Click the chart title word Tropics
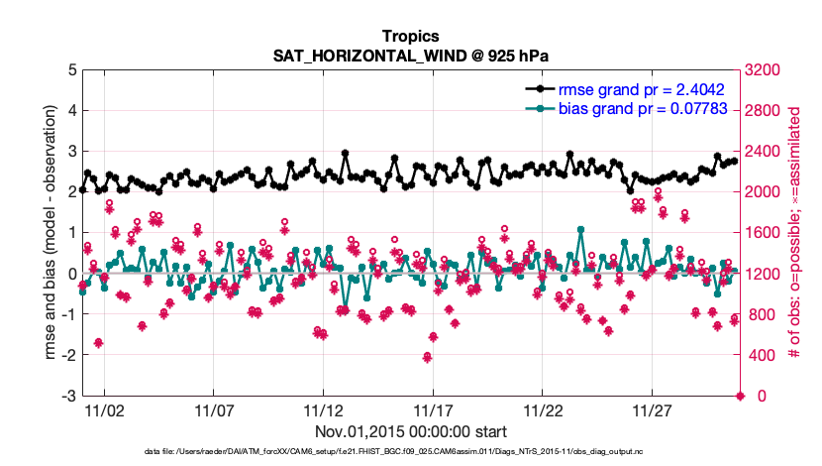410,37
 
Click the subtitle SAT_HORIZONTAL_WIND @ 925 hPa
410,56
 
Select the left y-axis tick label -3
69,397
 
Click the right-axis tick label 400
758,356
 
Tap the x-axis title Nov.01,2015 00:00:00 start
410,431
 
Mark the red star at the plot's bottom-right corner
740,397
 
